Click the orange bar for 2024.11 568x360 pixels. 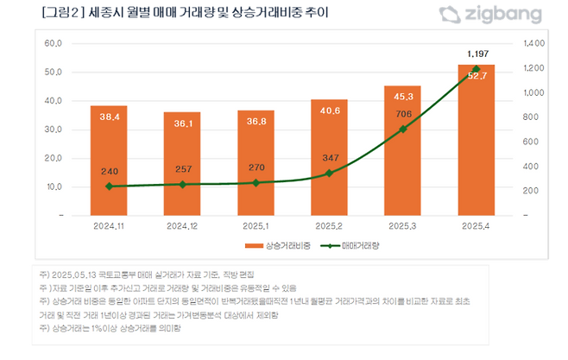pyautogui.click(x=109, y=160)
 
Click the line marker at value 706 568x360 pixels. pyautogui.click(x=402, y=129)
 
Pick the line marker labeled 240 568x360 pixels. pyautogui.click(x=109, y=186)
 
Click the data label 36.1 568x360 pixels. pyautogui.click(x=182, y=123)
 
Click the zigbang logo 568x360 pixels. pyautogui.click(x=491, y=15)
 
